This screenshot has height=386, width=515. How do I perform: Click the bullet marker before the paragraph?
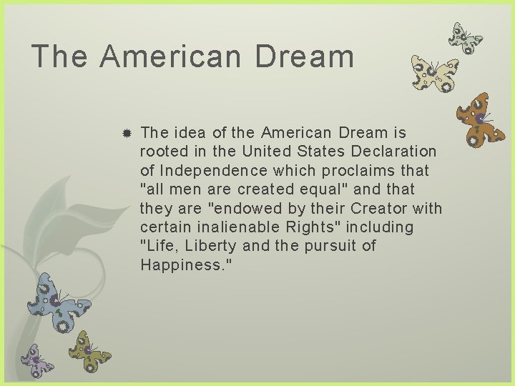click(126, 134)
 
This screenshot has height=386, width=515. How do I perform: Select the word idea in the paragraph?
click(188, 133)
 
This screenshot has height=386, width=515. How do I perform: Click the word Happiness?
click(182, 265)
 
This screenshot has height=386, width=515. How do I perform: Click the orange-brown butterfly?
click(481, 119)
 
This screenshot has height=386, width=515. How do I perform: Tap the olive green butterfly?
click(88, 350)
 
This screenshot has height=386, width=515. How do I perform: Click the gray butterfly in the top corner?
click(465, 38)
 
